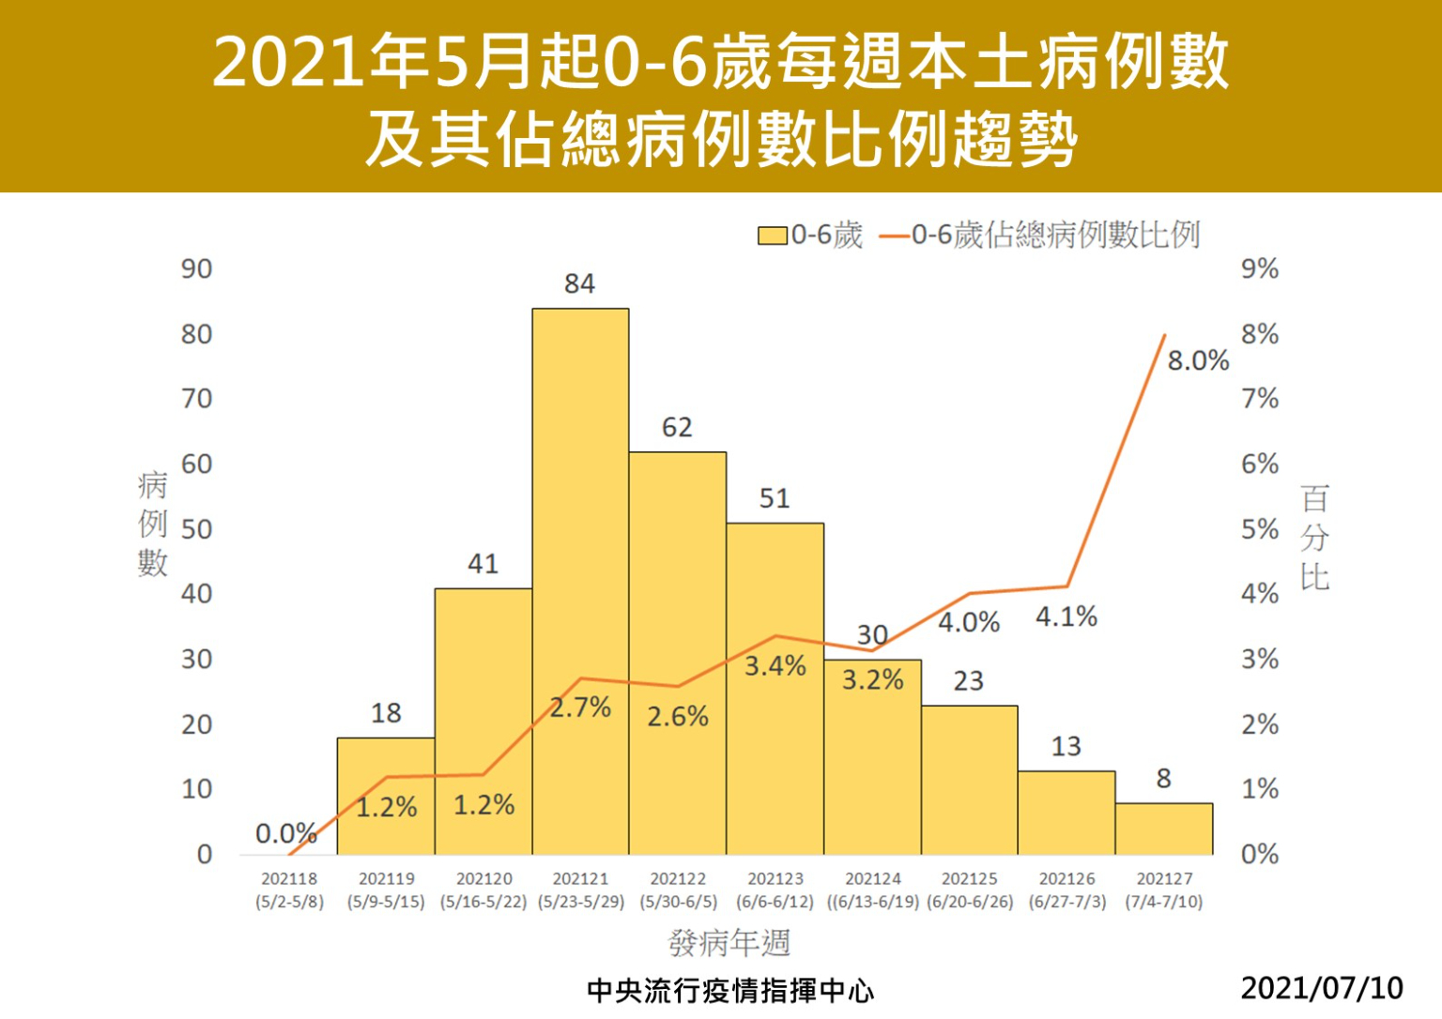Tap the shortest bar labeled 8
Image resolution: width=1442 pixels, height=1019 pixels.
click(1164, 829)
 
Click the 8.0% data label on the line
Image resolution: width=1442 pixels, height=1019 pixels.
click(1198, 361)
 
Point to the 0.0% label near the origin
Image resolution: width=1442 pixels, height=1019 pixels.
click(285, 833)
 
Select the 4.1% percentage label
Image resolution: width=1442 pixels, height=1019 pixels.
click(1066, 617)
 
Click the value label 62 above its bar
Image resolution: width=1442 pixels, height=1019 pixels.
click(677, 428)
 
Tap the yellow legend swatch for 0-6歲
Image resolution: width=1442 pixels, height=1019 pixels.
click(772, 236)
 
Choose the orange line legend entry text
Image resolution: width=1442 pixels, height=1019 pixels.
click(1055, 236)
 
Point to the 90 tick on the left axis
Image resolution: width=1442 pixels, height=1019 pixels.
click(197, 269)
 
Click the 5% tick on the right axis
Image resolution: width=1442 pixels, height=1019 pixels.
click(1260, 529)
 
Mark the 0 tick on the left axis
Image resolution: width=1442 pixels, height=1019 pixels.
click(205, 855)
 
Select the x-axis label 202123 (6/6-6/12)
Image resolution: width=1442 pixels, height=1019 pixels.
click(775, 890)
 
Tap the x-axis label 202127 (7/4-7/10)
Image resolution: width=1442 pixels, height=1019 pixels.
click(1164, 890)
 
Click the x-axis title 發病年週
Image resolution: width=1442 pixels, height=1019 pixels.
click(729, 943)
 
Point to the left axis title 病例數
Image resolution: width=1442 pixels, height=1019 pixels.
click(152, 524)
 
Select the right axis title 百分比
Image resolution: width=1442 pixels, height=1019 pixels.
click(1314, 537)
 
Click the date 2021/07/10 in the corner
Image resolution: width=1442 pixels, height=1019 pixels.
click(1322, 988)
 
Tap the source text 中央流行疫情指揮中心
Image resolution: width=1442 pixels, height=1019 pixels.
click(729, 991)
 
